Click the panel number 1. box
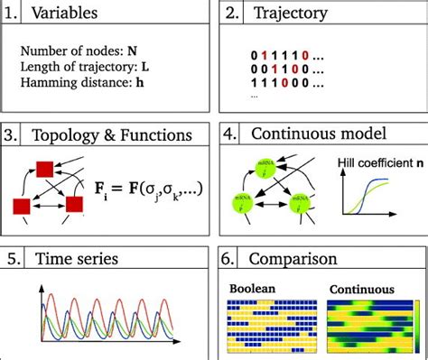tap(14, 14)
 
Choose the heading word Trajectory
tap(289, 14)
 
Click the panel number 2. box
tap(232, 14)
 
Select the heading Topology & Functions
tap(112, 135)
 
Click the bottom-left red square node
tap(21, 205)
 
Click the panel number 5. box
tap(14, 259)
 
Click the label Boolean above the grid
tap(252, 290)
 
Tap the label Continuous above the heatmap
tap(361, 290)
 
